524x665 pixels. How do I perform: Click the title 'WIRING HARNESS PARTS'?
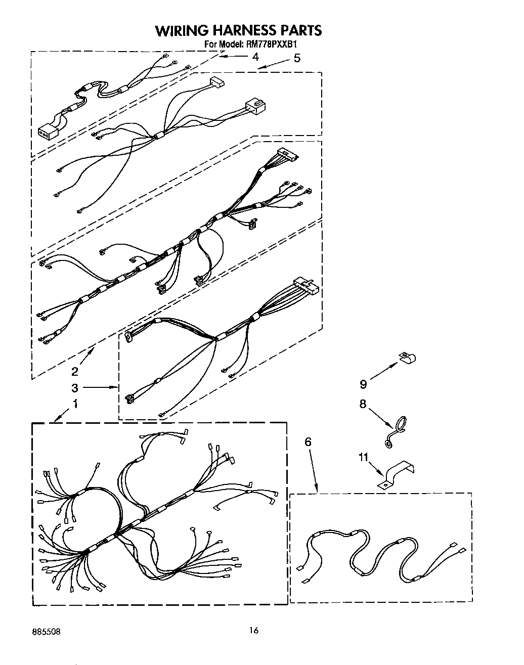238,31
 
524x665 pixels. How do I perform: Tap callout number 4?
255,57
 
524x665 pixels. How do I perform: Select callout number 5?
297,58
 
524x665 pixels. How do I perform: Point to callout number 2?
75,372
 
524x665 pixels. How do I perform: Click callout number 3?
75,388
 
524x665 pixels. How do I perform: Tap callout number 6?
308,442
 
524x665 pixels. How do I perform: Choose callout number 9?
363,384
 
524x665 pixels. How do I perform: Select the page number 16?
254,630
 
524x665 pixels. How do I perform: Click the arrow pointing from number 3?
100,388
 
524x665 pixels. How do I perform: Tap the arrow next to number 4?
231,57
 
